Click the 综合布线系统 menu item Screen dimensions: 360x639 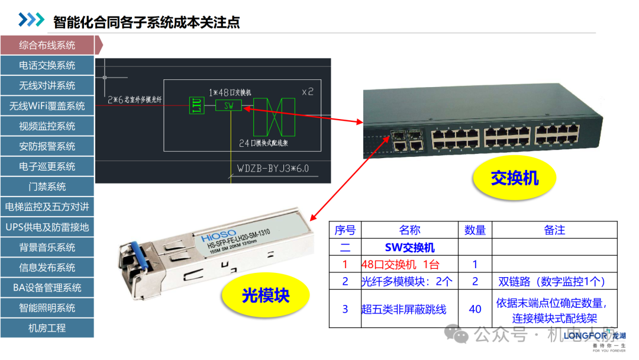pyautogui.click(x=47, y=45)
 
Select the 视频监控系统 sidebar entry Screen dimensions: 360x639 pyautogui.click(x=47, y=126)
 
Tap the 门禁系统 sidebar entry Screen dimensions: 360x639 pyautogui.click(x=47, y=187)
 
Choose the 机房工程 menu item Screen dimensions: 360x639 pyautogui.click(x=47, y=328)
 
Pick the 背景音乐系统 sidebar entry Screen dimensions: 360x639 pyautogui.click(x=47, y=247)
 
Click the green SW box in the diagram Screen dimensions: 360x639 pyautogui.click(x=229, y=105)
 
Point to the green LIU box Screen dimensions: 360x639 pyautogui.click(x=196, y=105)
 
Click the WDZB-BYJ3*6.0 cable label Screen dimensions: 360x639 pyautogui.click(x=273, y=168)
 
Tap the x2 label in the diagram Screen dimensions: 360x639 pyautogui.click(x=307, y=92)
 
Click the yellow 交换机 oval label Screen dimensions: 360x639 pyautogui.click(x=515, y=178)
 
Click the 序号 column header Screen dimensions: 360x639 pyautogui.click(x=345, y=230)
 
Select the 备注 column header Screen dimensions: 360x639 pyautogui.click(x=554, y=230)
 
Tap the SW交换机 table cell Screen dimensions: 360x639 pyautogui.click(x=409, y=247)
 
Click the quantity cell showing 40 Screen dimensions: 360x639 pyautogui.click(x=475, y=308)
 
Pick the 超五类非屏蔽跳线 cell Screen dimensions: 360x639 pyautogui.click(x=404, y=308)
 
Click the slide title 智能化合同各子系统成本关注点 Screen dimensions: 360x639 pyautogui.click(x=147, y=22)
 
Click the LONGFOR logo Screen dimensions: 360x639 pyautogui.click(x=588, y=336)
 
